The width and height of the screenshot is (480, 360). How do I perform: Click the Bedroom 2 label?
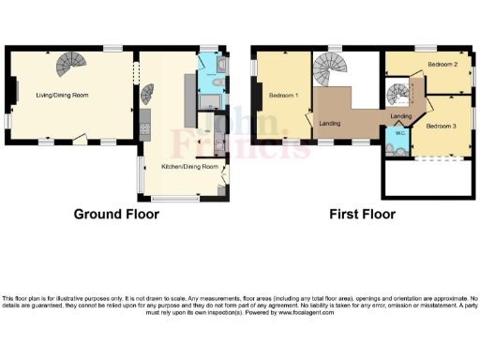click(x=442, y=64)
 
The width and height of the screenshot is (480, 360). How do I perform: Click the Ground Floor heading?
click(x=116, y=214)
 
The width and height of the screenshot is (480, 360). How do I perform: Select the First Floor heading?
click(x=362, y=214)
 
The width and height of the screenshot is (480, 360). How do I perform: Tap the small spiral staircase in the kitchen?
click(x=146, y=94)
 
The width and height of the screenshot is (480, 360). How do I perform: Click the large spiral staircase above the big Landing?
click(x=329, y=67)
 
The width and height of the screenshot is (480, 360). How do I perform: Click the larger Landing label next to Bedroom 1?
click(x=329, y=123)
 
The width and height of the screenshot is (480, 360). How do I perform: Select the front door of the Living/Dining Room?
click(x=82, y=138)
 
